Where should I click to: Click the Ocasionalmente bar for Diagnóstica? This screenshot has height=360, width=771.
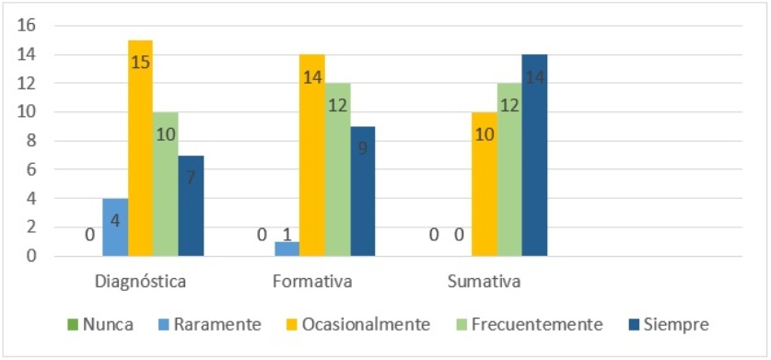(140, 148)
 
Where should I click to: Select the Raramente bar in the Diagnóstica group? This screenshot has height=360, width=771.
(115, 227)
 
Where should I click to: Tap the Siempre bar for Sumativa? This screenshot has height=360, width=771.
(534, 156)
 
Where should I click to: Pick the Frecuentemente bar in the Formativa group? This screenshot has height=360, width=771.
(337, 169)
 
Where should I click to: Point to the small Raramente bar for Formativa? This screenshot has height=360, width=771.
(287, 249)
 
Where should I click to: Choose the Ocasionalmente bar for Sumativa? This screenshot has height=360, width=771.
(485, 184)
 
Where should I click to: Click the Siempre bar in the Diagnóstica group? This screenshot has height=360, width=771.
(191, 205)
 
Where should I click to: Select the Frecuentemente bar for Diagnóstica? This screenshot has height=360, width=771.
(166, 184)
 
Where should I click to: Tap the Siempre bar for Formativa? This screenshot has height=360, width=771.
(362, 192)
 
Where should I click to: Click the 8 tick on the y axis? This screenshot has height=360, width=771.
(29, 141)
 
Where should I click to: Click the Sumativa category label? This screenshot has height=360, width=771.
(483, 281)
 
